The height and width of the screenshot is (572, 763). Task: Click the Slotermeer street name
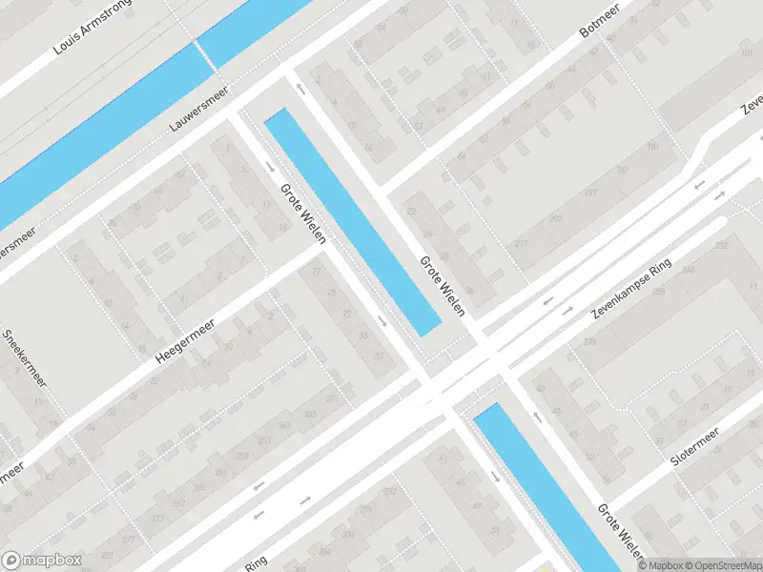pyautogui.click(x=694, y=445)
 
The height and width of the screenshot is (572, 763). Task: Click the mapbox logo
pyautogui.click(x=42, y=561)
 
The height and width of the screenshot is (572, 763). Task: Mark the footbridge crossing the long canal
pyautogui.click(x=203, y=54)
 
